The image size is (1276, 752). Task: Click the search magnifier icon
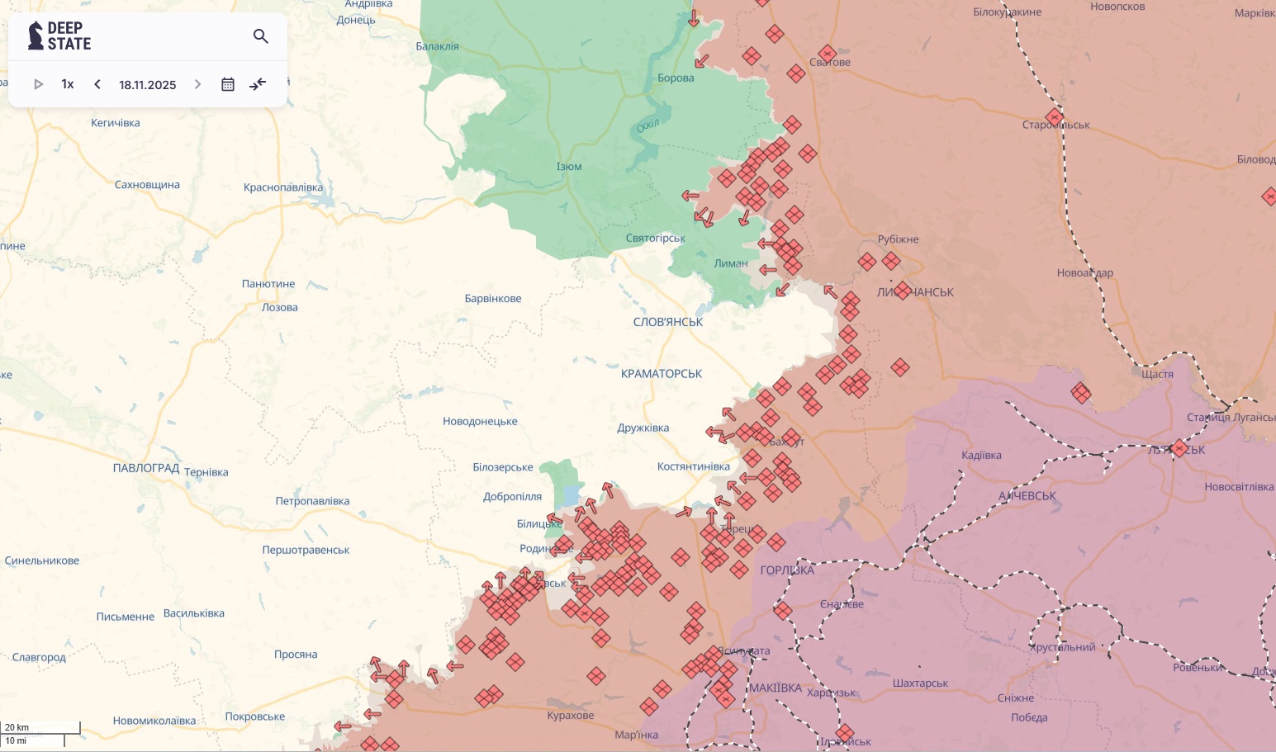tap(261, 36)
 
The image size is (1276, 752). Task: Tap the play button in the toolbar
tap(38, 84)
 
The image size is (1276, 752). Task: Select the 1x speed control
tap(68, 84)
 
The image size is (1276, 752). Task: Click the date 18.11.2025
tap(147, 85)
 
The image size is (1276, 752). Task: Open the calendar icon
tap(228, 84)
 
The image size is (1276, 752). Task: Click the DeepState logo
tap(59, 36)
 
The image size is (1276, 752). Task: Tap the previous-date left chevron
tap(97, 84)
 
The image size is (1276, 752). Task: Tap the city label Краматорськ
tap(661, 374)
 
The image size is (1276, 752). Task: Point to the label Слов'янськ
tap(667, 322)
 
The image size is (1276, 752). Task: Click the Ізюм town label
tap(569, 167)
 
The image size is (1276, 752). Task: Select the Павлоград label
tap(146, 468)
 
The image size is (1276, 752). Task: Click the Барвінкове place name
tap(493, 299)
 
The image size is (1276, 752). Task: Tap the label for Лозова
tap(280, 308)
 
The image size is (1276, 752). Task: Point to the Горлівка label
tap(787, 570)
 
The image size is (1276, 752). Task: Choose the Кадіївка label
tap(981, 456)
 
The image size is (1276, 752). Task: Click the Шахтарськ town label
tap(920, 683)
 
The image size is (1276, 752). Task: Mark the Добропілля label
tap(512, 497)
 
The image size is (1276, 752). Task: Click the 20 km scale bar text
tap(17, 727)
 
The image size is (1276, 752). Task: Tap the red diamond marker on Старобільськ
tap(1055, 117)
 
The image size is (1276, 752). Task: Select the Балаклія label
tap(437, 47)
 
